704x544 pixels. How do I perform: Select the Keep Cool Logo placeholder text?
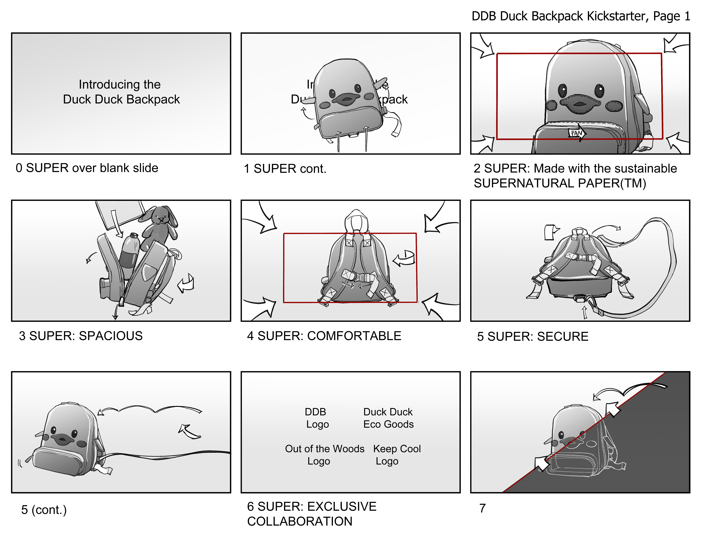coord(397,455)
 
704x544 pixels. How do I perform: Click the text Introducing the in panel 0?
coord(120,84)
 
